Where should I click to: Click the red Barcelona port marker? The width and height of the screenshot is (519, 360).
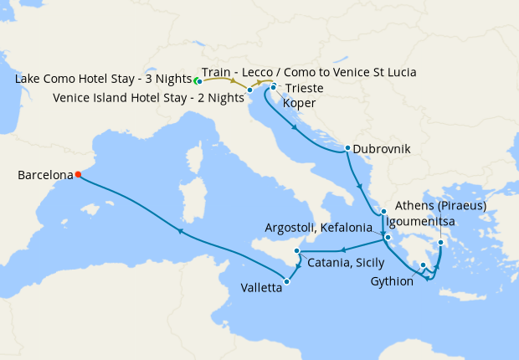click(78, 175)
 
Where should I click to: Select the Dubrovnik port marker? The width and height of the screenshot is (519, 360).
click(347, 148)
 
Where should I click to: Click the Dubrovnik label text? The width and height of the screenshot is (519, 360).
click(382, 149)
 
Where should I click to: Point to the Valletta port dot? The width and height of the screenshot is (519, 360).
click(286, 281)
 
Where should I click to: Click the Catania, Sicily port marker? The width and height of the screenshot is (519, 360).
click(296, 252)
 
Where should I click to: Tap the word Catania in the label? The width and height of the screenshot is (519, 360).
click(327, 263)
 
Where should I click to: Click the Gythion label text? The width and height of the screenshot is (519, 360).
click(392, 281)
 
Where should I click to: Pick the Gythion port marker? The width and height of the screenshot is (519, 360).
click(424, 266)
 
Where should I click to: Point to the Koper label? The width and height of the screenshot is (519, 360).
click(300, 103)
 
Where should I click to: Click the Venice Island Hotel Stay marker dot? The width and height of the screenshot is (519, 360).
click(249, 90)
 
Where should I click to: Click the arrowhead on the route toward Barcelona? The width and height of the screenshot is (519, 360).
click(178, 231)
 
